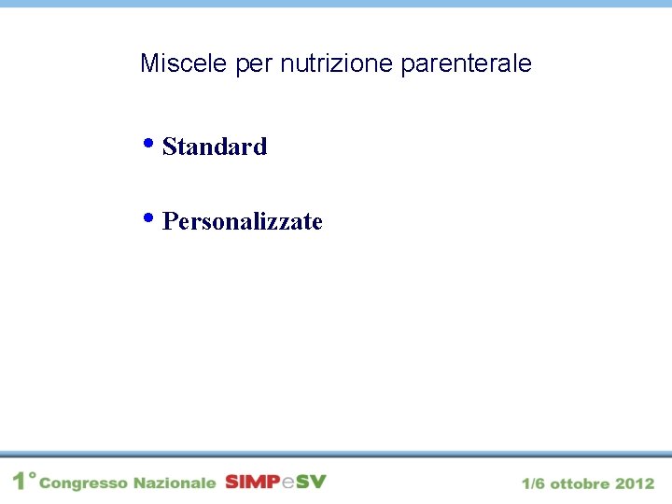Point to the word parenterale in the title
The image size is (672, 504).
click(x=466, y=64)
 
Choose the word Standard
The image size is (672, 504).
click(x=215, y=147)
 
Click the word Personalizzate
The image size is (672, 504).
click(x=243, y=222)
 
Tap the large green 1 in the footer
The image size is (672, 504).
click(x=20, y=482)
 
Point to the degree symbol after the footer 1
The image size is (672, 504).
click(x=33, y=475)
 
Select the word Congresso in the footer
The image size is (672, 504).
click(x=83, y=483)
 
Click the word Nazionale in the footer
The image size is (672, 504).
click(x=175, y=483)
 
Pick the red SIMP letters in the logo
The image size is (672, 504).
click(x=252, y=482)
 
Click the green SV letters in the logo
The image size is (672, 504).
click(x=312, y=482)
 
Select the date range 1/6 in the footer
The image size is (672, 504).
click(x=534, y=483)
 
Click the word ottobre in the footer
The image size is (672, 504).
click(x=581, y=483)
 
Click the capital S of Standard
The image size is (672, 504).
click(x=169, y=147)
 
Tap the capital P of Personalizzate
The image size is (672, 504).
click(x=170, y=222)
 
